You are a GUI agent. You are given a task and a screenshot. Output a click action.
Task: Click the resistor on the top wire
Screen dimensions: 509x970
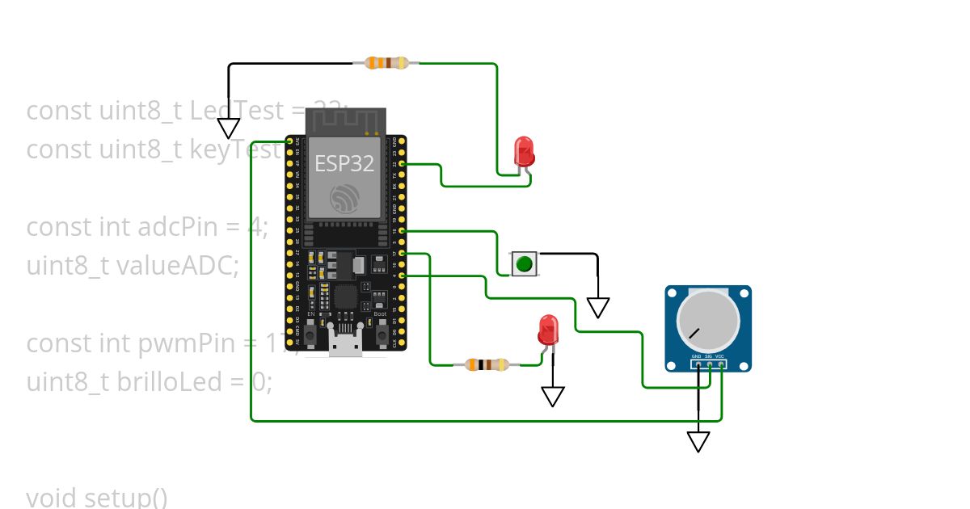tap(387, 63)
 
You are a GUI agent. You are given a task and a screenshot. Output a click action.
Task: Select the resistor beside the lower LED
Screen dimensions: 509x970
tap(486, 364)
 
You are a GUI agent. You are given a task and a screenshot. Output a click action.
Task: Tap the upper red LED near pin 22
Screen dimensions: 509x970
tap(524, 152)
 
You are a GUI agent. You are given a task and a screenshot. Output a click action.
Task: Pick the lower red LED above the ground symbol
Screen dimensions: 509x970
tap(548, 330)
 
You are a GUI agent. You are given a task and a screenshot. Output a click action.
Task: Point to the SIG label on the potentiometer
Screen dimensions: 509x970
tap(708, 356)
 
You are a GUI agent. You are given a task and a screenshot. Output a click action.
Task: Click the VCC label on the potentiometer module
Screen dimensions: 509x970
tap(719, 356)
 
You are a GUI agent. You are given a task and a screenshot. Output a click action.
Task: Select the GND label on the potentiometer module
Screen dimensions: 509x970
tap(696, 356)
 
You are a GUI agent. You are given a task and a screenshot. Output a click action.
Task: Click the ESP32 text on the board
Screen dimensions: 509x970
tap(344, 163)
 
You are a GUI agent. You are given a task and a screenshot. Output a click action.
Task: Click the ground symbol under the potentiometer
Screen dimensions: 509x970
tap(698, 441)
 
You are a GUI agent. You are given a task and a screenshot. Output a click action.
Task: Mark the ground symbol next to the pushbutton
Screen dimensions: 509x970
tap(598, 307)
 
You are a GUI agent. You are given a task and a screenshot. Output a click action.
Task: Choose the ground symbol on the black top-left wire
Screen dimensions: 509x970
tap(229, 128)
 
